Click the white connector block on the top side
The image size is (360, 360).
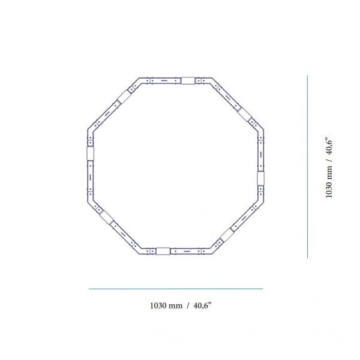[188, 80]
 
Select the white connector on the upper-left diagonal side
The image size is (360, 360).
[124, 97]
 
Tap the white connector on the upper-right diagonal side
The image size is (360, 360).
[245, 114]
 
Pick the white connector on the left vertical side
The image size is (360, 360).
[90, 154]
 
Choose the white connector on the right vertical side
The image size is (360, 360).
[260, 178]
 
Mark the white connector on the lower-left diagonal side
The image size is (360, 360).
[107, 217]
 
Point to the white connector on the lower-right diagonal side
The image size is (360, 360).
[227, 235]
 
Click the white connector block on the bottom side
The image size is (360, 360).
[163, 251]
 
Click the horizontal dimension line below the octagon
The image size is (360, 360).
[176, 289]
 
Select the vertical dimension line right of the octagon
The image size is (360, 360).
[307, 167]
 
